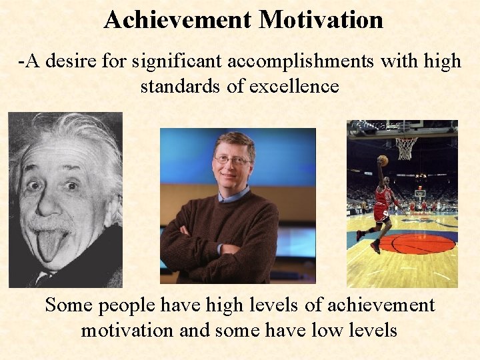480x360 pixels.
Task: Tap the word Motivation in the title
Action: click(x=321, y=19)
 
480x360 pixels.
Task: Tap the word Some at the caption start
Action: click(x=69, y=305)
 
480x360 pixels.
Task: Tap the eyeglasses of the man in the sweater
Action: click(x=232, y=161)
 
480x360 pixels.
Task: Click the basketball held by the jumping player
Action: click(x=382, y=161)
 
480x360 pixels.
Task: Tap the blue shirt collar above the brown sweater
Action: click(x=235, y=195)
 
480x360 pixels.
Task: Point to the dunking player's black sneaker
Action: click(x=375, y=247)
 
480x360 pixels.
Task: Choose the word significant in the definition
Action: click(x=171, y=62)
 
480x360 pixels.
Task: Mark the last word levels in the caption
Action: click(x=373, y=329)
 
